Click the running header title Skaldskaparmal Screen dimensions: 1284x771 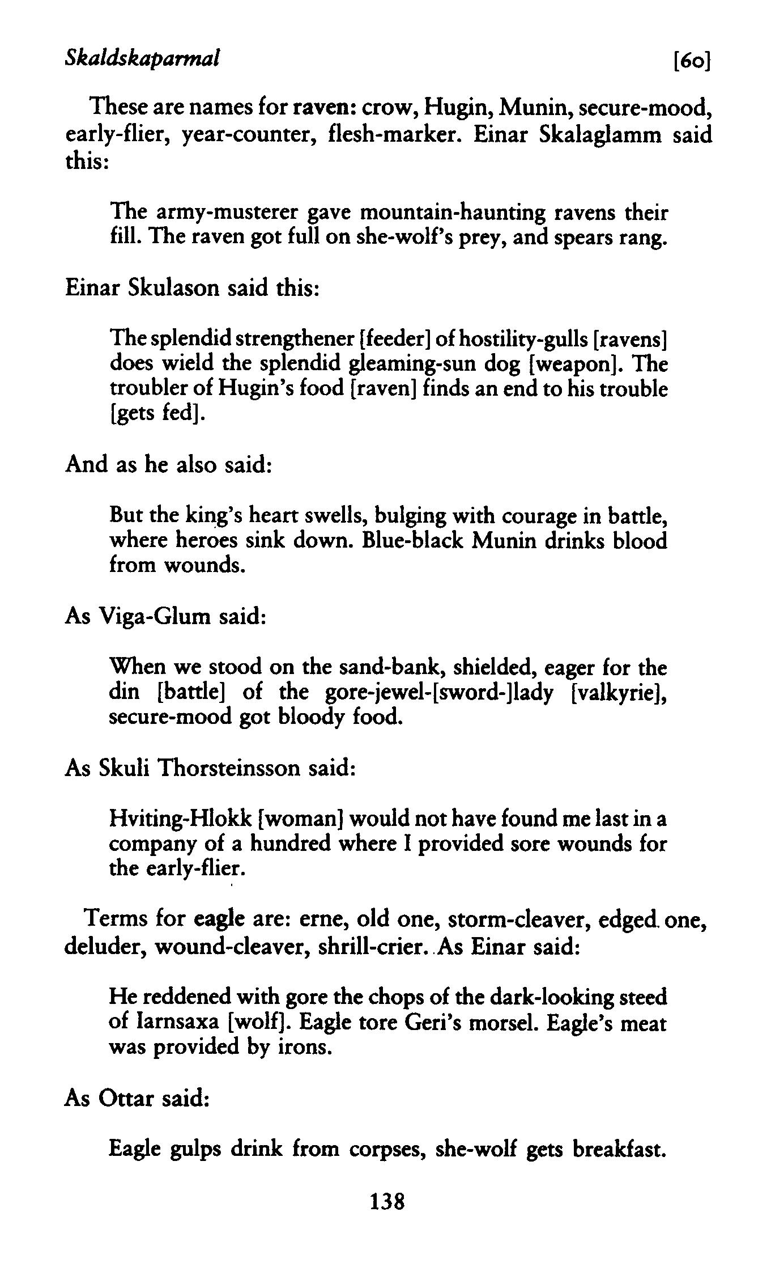(x=142, y=57)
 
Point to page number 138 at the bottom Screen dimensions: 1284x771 (x=387, y=1215)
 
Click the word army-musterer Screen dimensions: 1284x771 (x=227, y=213)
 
